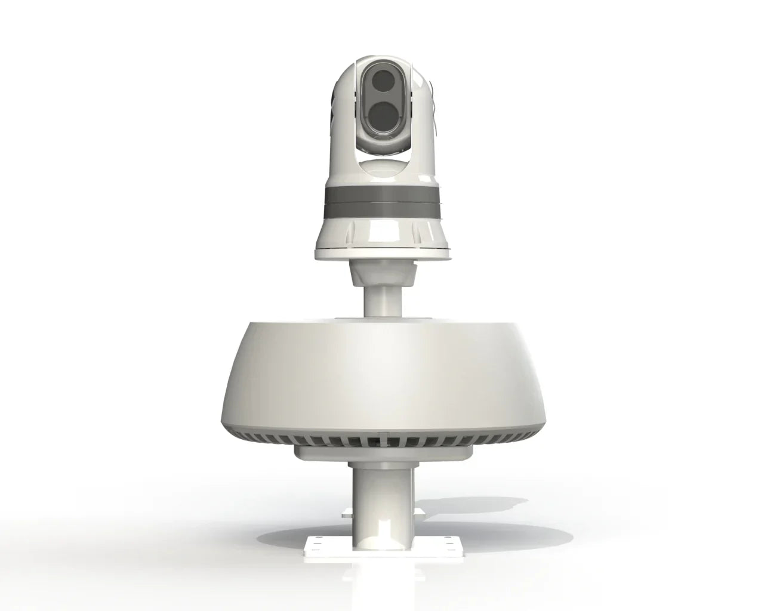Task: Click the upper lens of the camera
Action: tap(381, 82)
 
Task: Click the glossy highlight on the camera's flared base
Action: tap(382, 230)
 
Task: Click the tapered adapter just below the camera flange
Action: tap(381, 273)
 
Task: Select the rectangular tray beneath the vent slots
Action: tap(381, 455)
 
